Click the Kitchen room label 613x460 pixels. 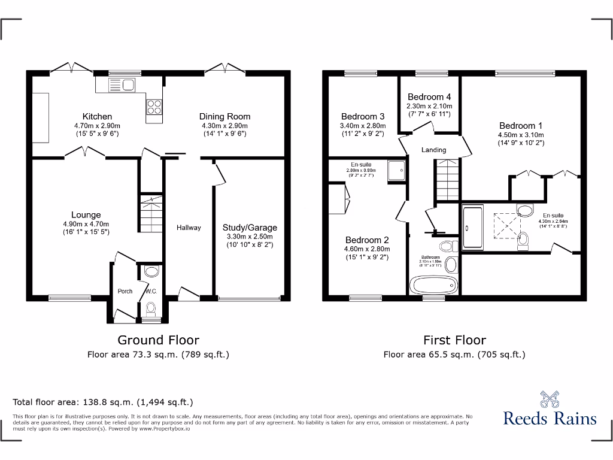coord(97,116)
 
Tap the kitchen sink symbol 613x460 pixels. coord(122,85)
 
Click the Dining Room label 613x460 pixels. coord(224,116)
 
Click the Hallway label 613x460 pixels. coord(189,228)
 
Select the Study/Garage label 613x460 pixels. coord(250,228)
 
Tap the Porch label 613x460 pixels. coord(125,291)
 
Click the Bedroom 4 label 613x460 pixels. coord(429,97)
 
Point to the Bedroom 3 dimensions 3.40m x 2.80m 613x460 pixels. coord(363,126)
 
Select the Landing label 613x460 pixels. coord(433,150)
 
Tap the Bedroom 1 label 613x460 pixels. coord(520,126)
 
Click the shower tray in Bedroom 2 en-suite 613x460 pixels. coord(396,171)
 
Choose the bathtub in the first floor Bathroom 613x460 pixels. coord(432,285)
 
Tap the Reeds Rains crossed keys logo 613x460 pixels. coord(550,399)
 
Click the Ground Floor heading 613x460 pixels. coord(158,340)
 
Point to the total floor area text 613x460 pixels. coord(103,402)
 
